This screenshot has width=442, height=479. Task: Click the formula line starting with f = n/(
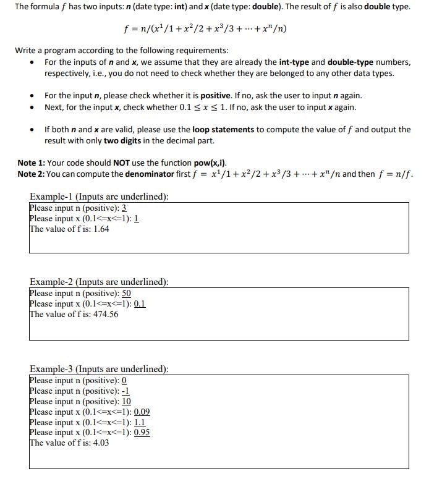(205, 29)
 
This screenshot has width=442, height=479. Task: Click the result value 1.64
(101, 229)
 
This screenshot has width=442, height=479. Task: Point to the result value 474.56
(106, 314)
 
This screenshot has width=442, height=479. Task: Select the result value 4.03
(101, 443)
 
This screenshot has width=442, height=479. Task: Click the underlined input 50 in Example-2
(126, 293)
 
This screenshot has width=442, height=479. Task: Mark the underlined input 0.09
(142, 412)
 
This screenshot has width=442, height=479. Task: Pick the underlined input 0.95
(142, 432)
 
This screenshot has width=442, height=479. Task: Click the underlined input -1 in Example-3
(125, 391)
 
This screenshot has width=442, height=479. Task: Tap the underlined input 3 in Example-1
(124, 208)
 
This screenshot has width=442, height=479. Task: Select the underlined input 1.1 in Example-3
(140, 422)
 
